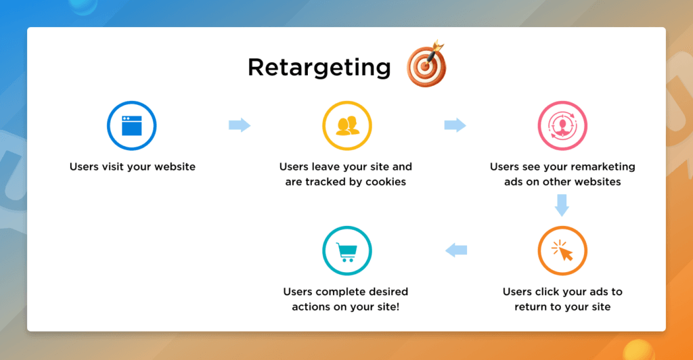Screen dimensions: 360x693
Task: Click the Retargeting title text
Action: [319, 67]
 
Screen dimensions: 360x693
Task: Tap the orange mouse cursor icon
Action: [562, 251]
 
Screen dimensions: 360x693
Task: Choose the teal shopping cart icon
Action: [346, 251]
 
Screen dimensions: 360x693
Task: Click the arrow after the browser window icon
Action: [240, 125]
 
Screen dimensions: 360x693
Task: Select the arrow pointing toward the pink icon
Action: [455, 125]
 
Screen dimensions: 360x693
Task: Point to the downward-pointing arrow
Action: [562, 205]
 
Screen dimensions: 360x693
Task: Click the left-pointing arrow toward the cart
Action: [455, 251]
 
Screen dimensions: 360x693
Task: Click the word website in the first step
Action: [174, 166]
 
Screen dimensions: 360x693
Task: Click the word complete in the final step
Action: [336, 292]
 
